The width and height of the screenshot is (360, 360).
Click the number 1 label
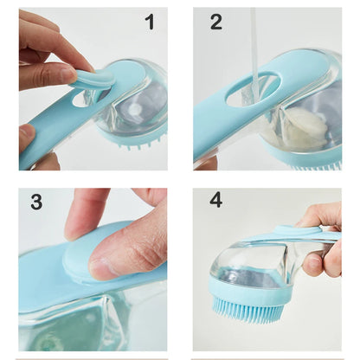[150, 22]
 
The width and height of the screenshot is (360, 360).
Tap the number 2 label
[216, 22]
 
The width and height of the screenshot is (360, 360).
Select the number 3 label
[36, 202]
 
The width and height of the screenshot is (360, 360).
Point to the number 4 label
[216, 200]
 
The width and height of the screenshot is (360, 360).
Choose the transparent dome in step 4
[251, 264]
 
